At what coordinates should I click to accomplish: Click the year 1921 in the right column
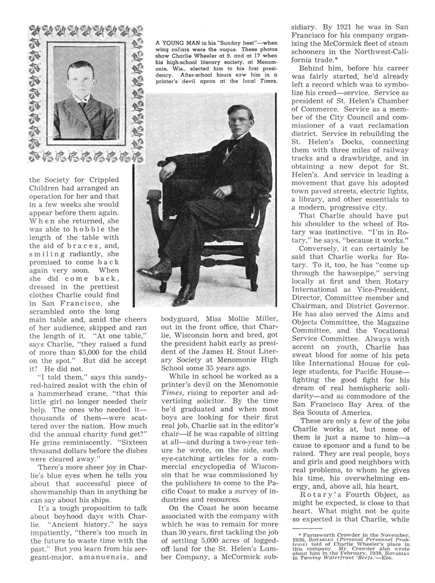[x=344, y=27]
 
